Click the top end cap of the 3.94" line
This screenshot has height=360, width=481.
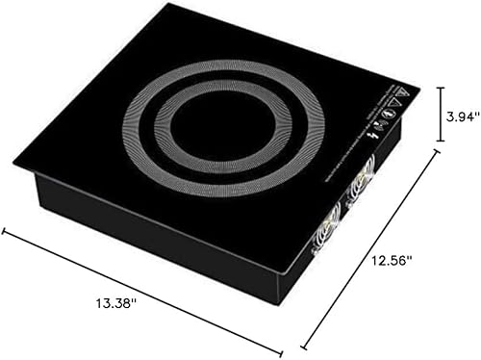click(440, 88)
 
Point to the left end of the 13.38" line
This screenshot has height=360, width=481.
click(4, 230)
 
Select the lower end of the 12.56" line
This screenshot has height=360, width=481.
click(304, 346)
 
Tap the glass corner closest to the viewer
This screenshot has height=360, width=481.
click(280, 270)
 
